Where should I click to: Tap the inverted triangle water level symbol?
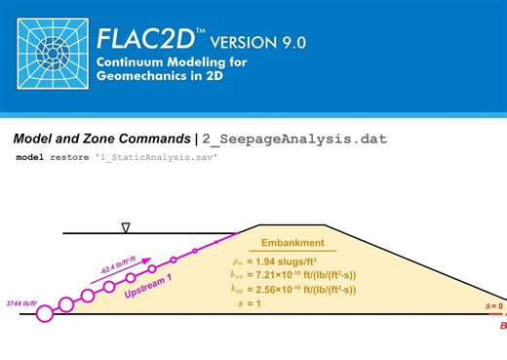(x=126, y=228)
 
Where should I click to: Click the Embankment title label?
(x=292, y=242)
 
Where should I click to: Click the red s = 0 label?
(x=494, y=306)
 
